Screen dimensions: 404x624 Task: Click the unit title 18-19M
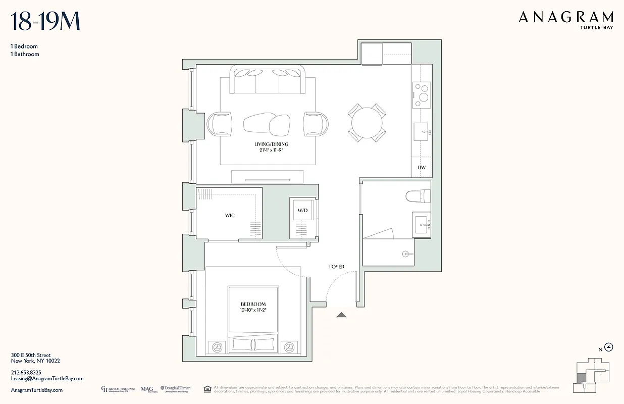click(45, 22)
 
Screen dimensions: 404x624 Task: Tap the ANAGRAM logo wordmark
click(566, 18)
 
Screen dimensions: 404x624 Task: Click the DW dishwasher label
click(421, 167)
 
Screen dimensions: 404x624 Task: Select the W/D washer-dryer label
click(302, 210)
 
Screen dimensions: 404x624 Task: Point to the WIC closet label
click(230, 216)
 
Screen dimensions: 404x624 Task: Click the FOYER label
click(336, 267)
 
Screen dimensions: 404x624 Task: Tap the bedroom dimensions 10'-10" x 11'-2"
click(253, 310)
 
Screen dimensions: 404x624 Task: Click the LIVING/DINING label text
click(271, 144)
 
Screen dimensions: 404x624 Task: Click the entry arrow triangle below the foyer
click(342, 315)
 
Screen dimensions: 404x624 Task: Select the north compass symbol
click(609, 347)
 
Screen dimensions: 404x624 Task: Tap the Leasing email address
click(47, 378)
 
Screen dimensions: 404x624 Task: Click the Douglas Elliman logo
click(175, 389)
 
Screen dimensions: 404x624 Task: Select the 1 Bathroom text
click(25, 54)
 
